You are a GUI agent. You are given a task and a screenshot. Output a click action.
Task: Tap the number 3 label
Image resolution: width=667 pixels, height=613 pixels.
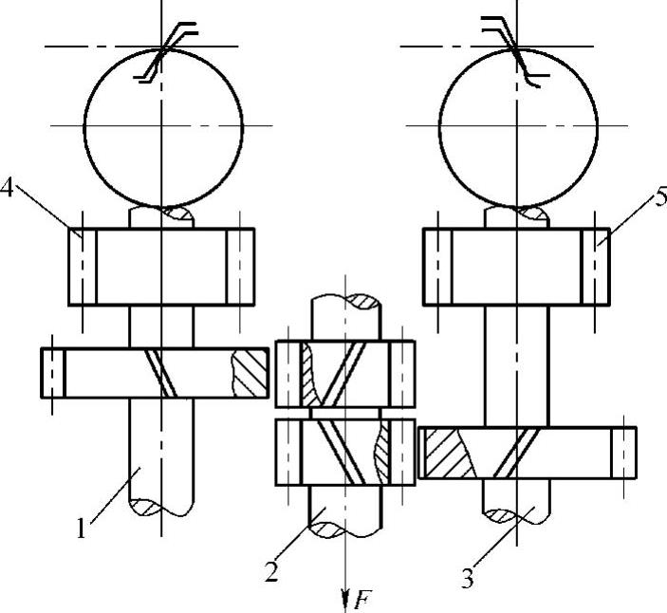(x=466, y=576)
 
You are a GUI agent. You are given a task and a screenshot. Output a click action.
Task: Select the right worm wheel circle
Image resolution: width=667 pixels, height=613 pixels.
(x=518, y=124)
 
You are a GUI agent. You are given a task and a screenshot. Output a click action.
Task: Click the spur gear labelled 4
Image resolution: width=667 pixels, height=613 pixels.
(x=160, y=267)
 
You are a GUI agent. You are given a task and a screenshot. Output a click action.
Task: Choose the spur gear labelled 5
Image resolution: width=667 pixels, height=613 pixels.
(x=516, y=267)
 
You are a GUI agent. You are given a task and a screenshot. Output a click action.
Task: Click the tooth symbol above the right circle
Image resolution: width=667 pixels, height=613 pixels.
(x=512, y=52)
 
